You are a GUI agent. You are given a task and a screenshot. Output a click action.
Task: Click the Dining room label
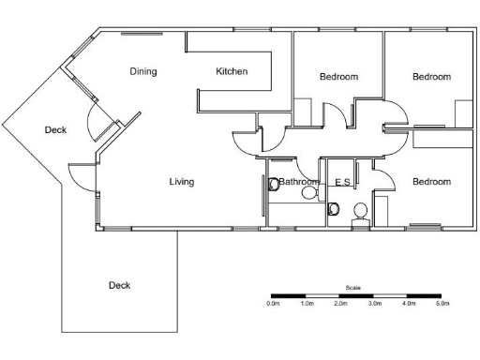tap(142, 71)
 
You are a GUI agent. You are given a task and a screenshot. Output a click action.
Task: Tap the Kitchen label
tap(232, 71)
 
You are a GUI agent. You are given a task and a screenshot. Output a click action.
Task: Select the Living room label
tap(182, 182)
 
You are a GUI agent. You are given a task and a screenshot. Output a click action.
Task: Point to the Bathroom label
tap(299, 182)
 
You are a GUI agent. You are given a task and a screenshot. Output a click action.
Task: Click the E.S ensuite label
tap(342, 182)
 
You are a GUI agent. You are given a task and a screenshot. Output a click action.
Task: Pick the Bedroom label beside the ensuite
tap(431, 182)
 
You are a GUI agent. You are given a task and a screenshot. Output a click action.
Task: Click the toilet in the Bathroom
tap(275, 185)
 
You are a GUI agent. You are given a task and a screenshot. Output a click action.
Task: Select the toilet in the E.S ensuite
tap(334, 210)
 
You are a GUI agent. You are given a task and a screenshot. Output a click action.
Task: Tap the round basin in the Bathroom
tap(308, 192)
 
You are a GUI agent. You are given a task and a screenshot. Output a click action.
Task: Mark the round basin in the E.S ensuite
tap(359, 212)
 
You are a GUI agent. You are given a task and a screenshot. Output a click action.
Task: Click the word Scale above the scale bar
tap(352, 288)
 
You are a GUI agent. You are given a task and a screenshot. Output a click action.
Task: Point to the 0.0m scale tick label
tap(273, 304)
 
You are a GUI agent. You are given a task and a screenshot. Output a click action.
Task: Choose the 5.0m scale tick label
tap(441, 304)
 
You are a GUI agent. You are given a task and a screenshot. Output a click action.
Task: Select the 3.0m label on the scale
tap(374, 304)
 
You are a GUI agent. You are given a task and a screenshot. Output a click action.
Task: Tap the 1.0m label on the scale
tap(307, 304)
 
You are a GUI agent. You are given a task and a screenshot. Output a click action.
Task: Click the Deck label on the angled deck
tap(55, 130)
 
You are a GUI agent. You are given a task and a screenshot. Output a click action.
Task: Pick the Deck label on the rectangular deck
tap(119, 285)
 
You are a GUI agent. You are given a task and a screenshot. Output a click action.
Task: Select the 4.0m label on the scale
tap(408, 304)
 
